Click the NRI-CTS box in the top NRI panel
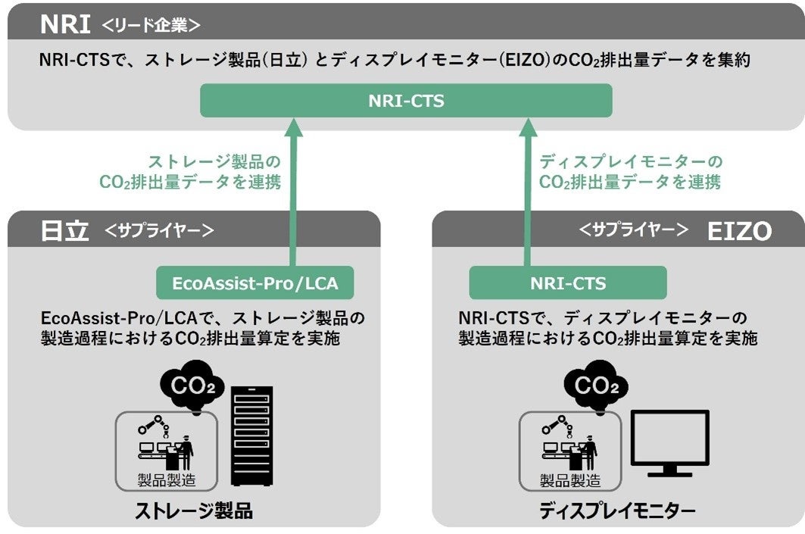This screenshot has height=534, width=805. [x=405, y=100]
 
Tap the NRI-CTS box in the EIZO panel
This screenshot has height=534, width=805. [x=568, y=283]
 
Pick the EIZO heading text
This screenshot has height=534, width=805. [x=738, y=231]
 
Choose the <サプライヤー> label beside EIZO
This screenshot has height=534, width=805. [x=634, y=230]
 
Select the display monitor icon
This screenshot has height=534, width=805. [x=670, y=442]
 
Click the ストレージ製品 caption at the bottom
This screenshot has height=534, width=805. [x=194, y=511]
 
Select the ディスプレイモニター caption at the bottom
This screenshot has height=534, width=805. [x=617, y=511]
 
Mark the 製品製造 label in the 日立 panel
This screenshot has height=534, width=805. [x=167, y=479]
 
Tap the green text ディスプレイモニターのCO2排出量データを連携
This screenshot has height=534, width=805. [x=630, y=172]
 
